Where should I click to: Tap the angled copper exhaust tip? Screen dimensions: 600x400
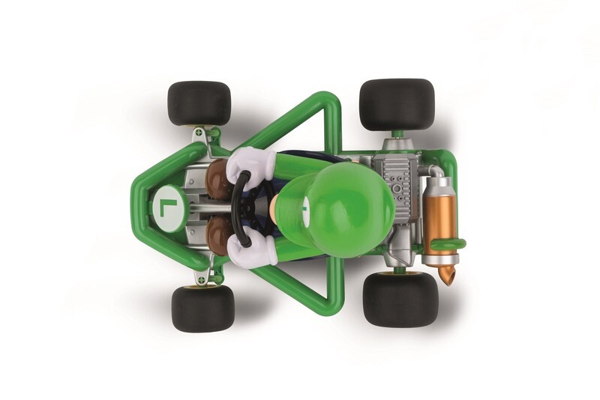pos(448,276)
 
